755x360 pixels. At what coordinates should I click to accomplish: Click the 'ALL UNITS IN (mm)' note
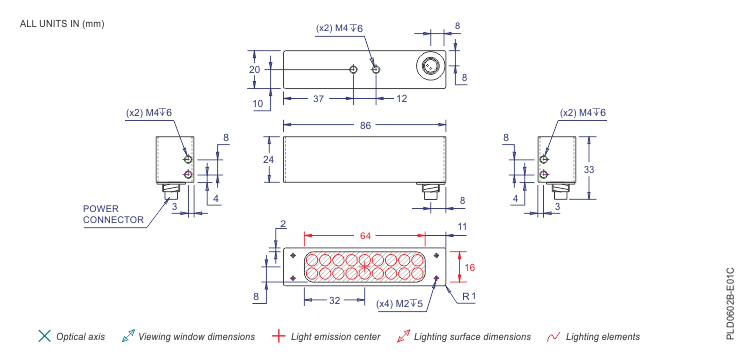61,23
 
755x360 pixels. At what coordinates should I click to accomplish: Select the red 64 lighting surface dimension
365,235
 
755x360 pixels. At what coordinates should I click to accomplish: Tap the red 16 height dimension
471,267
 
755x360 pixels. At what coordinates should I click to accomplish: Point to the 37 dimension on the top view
317,98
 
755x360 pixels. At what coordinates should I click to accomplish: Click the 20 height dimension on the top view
255,69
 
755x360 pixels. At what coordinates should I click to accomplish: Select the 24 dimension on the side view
268,159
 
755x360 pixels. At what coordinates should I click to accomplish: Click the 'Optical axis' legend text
80,337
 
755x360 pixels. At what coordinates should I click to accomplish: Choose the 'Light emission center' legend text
335,337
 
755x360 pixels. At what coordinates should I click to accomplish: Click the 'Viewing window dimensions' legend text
196,337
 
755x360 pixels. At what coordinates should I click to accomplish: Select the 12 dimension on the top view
401,98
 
